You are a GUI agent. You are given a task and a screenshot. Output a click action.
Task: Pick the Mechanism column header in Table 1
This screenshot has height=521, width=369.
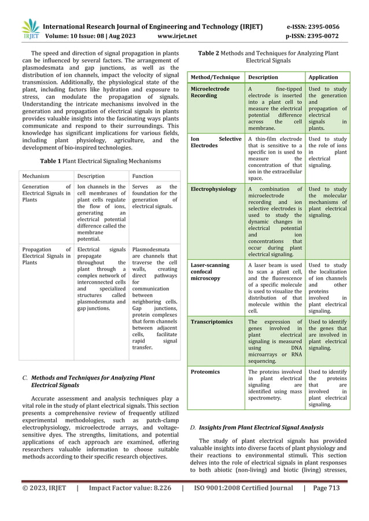point(39,176)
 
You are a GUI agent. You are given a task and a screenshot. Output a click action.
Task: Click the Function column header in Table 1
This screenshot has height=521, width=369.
point(142,176)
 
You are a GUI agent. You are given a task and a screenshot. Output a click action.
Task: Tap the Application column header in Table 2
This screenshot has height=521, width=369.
point(324,76)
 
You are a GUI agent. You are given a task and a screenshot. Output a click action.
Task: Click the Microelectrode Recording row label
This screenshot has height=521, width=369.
point(210,92)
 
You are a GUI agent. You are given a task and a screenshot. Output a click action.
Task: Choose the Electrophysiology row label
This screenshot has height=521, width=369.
point(213,189)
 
